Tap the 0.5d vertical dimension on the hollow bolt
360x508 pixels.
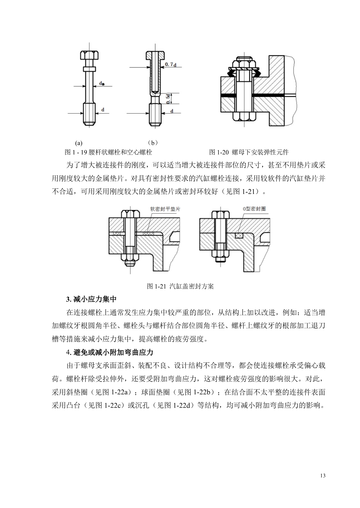coord(168,99)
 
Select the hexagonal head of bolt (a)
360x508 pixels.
coord(90,55)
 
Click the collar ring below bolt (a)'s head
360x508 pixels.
coord(90,69)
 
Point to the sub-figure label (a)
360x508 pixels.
coord(79,143)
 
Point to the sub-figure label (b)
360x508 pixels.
coord(152,143)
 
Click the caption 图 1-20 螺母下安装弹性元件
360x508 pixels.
coord(249,152)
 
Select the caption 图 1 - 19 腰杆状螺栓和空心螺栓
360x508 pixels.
coord(108,152)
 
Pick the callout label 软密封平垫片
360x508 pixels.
coord(165,209)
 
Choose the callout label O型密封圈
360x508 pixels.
coord(254,209)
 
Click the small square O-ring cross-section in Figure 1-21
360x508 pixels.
coord(239,235)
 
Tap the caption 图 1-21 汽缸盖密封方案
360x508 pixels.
coord(180,286)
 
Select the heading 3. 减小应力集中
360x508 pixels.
coord(91,299)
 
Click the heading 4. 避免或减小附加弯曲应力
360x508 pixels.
coord(110,353)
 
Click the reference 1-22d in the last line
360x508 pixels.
coord(183,405)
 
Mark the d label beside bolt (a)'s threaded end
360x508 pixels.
coord(103,110)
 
